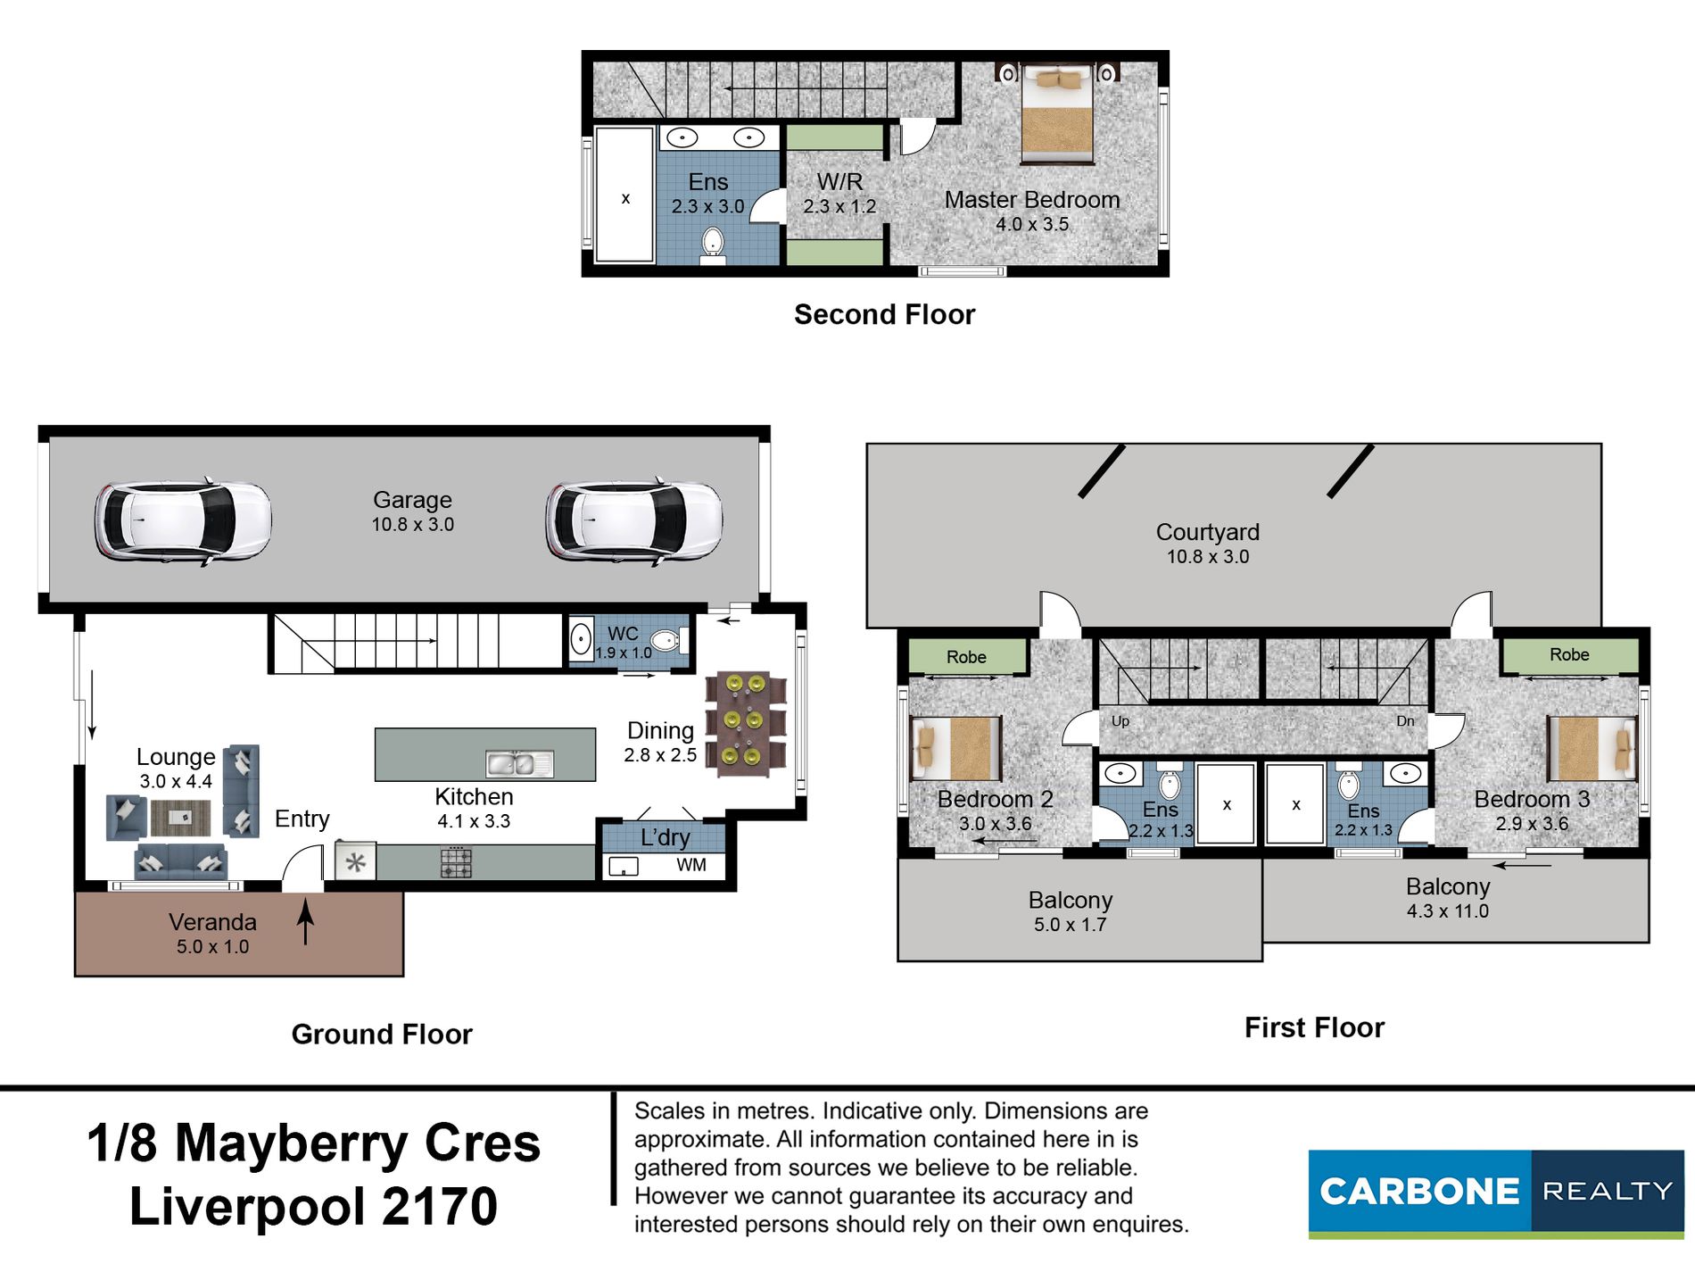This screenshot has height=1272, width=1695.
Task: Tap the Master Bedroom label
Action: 1032,200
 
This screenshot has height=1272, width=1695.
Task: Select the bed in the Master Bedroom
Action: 1057,113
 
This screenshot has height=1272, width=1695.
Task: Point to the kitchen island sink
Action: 519,764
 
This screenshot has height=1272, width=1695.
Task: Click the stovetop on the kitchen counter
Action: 456,863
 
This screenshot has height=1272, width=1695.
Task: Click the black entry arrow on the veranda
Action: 305,922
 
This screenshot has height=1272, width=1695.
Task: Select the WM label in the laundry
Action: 691,865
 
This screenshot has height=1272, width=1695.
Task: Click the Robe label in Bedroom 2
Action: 966,657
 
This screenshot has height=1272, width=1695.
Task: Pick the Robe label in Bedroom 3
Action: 1569,654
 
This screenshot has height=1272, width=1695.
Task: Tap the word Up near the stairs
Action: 1120,721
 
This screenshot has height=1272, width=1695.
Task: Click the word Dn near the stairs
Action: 1405,721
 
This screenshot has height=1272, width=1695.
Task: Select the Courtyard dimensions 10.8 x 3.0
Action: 1208,557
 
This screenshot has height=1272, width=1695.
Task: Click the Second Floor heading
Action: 884,314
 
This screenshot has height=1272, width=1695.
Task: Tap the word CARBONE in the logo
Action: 1418,1192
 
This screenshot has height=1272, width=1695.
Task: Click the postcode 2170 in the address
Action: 440,1206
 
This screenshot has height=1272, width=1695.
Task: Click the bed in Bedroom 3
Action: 1592,748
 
